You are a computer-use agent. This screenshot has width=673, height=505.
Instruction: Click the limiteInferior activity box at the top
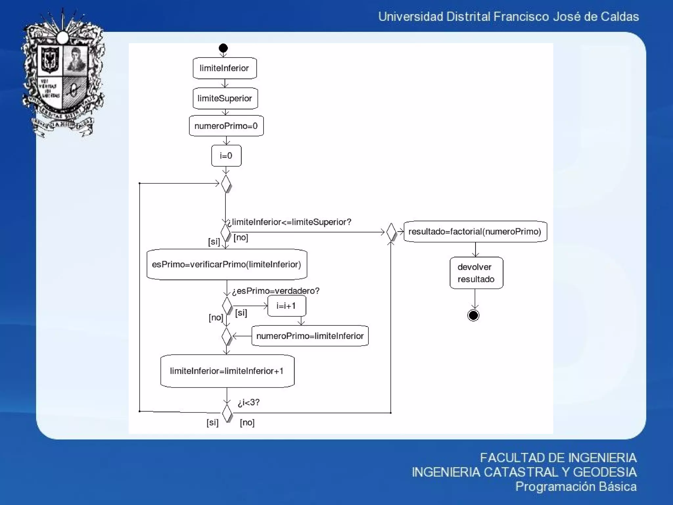click(x=224, y=68)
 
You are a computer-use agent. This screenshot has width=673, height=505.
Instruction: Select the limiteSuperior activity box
click(x=225, y=98)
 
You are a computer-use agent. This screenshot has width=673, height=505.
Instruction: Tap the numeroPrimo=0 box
click(x=226, y=126)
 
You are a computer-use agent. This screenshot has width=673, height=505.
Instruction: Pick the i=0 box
click(x=226, y=156)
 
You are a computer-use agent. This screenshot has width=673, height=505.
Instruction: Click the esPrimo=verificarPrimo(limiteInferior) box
click(x=227, y=264)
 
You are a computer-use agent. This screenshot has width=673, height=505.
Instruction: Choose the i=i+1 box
click(x=287, y=306)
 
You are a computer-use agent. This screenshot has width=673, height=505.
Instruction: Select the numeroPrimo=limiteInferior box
click(x=310, y=336)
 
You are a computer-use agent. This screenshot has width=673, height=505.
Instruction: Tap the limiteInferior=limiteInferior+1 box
click(x=227, y=371)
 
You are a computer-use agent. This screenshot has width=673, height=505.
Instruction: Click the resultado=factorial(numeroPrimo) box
click(x=475, y=231)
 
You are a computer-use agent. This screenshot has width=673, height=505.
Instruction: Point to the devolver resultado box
click(x=476, y=273)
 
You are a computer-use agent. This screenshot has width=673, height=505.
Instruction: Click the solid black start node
click(x=223, y=48)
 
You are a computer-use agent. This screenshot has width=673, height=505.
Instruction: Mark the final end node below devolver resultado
click(x=473, y=315)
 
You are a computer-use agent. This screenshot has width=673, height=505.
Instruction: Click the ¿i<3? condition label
click(x=249, y=402)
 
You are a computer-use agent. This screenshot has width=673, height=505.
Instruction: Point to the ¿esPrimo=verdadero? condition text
click(x=276, y=291)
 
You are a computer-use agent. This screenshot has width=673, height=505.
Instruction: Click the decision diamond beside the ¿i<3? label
click(x=227, y=413)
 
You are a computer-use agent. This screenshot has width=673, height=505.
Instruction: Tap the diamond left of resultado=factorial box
click(x=391, y=232)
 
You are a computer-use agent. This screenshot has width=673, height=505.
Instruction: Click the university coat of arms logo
click(x=63, y=74)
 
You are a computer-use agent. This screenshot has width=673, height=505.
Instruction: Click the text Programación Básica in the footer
click(x=576, y=486)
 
